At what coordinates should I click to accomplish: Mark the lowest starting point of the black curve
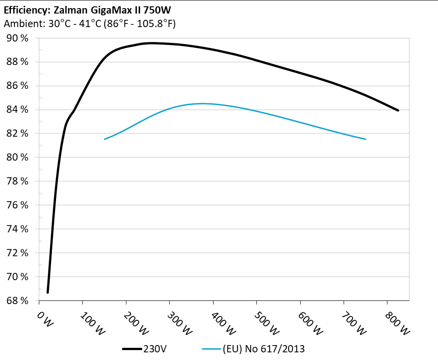coord(48,292)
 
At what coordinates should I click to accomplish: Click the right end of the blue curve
coord(365,139)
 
